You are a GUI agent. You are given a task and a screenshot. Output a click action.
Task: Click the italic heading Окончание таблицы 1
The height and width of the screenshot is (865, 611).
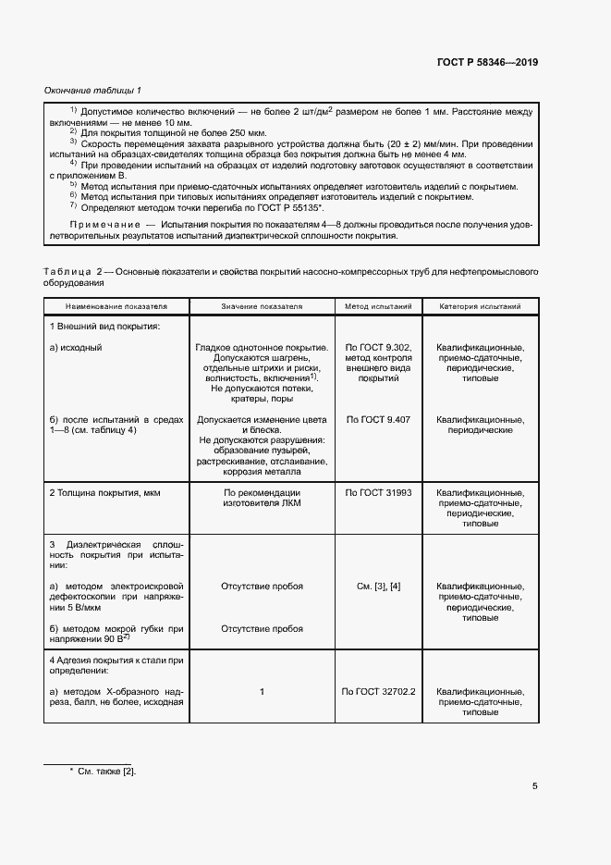coord(92,90)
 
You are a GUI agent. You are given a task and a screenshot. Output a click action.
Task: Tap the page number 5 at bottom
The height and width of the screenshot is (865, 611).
coord(535,786)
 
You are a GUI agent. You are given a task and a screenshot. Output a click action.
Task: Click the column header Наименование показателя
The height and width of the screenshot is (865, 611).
coord(116,305)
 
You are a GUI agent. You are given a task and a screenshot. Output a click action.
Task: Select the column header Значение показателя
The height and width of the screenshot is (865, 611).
coord(262,305)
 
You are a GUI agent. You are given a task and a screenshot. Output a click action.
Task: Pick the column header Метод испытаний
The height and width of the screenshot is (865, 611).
coord(377,305)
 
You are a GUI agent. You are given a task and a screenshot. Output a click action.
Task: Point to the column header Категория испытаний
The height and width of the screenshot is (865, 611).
coord(480,305)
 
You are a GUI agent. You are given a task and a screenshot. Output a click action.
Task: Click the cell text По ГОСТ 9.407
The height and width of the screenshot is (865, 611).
coord(377,419)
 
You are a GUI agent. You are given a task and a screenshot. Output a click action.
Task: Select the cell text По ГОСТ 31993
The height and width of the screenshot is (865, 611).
coord(377,493)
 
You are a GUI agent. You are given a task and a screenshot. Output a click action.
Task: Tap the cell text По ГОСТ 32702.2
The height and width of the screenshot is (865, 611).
coord(378,691)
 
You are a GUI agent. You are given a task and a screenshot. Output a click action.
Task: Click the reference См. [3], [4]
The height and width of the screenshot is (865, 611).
coord(377,587)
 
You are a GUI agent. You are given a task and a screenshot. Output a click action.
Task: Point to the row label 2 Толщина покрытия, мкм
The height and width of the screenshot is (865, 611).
coord(104,493)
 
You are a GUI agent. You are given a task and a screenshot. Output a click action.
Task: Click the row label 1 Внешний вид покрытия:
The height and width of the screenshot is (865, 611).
coord(104,327)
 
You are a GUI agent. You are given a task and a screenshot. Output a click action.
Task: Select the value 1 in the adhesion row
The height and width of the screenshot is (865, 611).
coord(262,691)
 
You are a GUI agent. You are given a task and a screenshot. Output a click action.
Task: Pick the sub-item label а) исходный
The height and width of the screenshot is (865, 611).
coord(76,348)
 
